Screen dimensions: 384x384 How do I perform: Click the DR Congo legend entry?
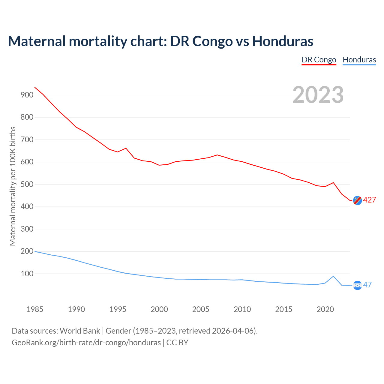coord(319,60)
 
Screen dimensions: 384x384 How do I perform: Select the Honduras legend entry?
coord(359,60)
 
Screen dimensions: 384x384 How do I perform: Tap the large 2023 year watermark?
coord(318,95)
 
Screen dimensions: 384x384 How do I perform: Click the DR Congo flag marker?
coord(357,200)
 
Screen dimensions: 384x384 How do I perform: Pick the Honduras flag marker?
coord(357,285)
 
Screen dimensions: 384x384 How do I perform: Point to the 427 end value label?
coord(370,200)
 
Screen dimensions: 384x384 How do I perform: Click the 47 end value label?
coord(367,285)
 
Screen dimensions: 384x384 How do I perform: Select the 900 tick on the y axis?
coord(27,95)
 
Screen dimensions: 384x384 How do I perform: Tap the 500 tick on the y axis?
coord(27,184)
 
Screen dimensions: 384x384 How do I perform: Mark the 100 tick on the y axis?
coord(27,274)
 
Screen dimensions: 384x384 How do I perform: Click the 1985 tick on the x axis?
coord(35,310)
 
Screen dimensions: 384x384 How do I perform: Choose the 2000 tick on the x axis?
coord(159,310)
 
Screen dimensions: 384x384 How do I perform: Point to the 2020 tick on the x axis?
coord(325,310)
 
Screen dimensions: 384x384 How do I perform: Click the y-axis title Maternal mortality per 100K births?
coord(13,186)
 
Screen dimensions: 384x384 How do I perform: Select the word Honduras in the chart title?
coord(283,41)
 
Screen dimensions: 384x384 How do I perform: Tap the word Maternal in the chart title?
coord(37,41)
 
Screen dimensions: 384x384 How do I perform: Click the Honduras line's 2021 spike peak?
coord(333,276)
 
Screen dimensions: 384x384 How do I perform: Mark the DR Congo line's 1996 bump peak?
coord(126,148)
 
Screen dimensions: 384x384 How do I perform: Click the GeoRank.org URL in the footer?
coord(86,343)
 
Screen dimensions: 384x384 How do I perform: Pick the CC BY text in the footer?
coord(177,343)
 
